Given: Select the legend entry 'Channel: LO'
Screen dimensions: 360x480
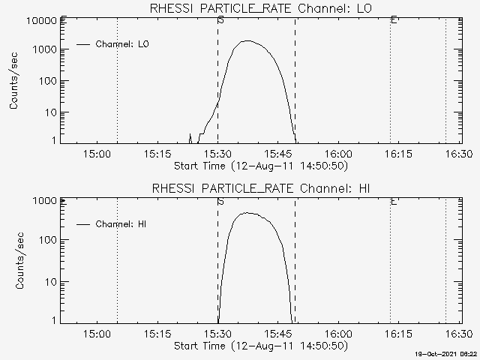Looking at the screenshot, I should [122, 44].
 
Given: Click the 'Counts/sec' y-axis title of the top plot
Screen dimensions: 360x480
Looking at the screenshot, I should [14, 81].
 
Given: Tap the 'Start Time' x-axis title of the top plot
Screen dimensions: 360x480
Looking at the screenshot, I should [259, 165].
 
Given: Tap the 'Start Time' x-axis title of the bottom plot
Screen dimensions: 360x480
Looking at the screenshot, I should [259, 346].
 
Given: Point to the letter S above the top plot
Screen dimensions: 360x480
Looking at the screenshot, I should [220, 20].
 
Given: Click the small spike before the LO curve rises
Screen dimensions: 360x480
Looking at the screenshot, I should [190, 136].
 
